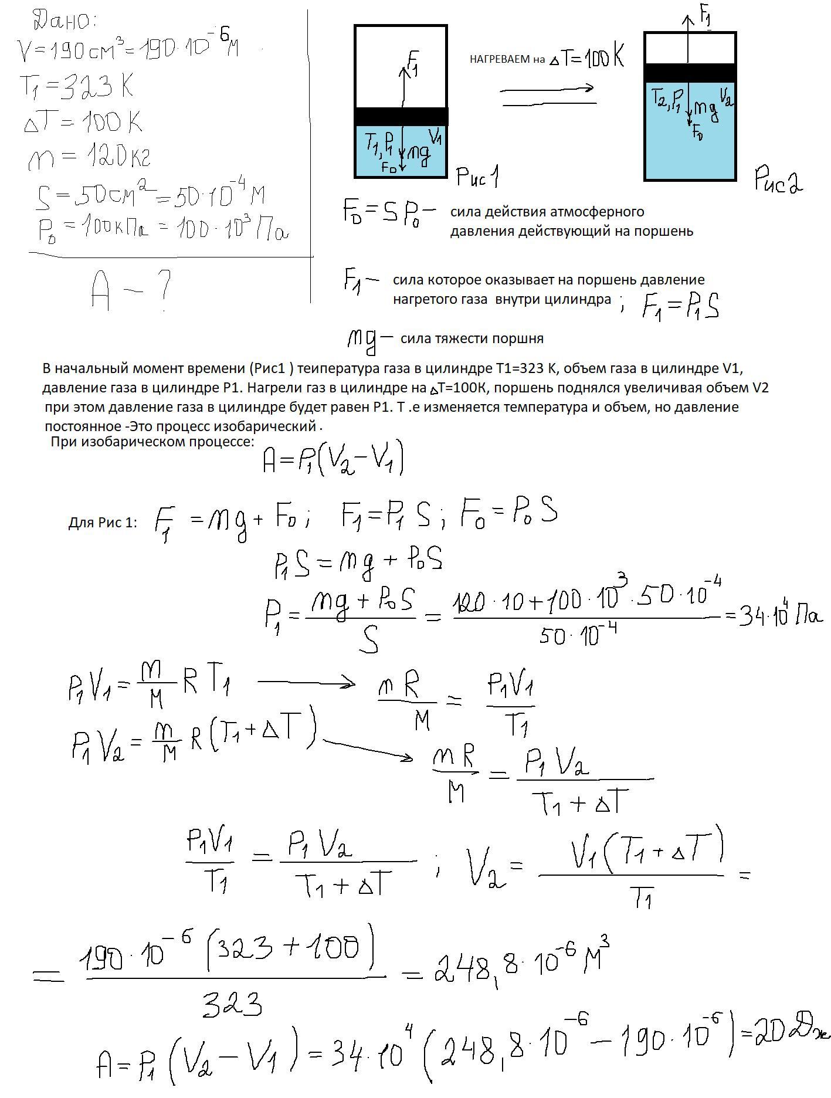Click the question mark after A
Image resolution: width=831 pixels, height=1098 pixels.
point(164,290)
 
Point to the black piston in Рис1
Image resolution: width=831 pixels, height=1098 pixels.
point(401,116)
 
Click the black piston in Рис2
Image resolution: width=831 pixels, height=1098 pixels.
point(690,73)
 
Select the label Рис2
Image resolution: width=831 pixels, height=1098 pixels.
point(778,178)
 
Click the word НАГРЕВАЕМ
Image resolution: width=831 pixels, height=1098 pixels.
point(500,59)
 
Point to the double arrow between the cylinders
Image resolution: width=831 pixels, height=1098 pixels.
point(548,96)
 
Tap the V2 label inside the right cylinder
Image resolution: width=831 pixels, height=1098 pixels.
point(725,95)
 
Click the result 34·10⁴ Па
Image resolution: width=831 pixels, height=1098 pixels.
point(780,615)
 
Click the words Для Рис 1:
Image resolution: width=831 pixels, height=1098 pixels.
point(103,523)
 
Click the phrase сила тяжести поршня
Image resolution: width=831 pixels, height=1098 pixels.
point(472,338)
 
